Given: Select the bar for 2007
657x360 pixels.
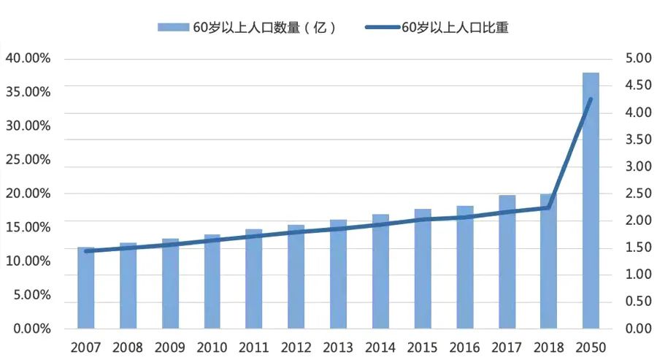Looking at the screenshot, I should [x=86, y=288].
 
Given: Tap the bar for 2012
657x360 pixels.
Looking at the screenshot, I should [x=296, y=277].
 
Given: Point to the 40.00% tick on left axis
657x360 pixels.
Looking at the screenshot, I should [x=27, y=58].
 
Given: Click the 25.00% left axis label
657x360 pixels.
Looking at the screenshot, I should [x=27, y=160].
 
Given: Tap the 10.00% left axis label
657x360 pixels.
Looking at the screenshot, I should [x=27, y=261].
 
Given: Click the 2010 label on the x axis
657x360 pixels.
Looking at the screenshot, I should [x=212, y=346].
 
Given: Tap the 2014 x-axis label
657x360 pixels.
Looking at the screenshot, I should [x=380, y=346].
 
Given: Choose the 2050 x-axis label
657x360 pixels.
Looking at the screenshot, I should [x=591, y=346].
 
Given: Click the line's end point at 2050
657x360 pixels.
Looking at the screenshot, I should [x=591, y=99].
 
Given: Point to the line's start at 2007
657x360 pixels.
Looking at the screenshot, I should [x=86, y=251].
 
